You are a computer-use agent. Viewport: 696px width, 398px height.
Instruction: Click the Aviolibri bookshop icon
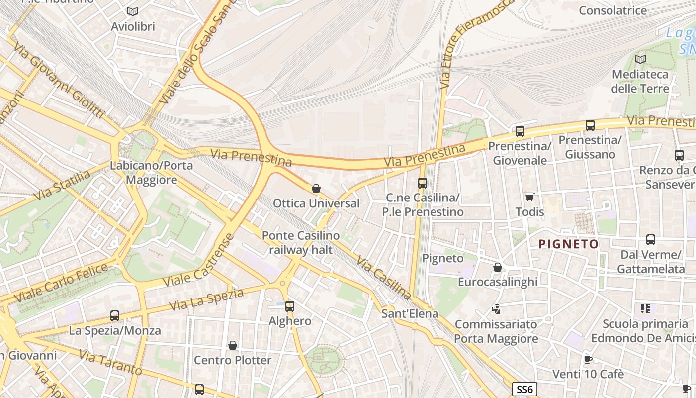click(x=132, y=11)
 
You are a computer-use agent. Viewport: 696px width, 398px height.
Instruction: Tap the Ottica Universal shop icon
click(x=316, y=189)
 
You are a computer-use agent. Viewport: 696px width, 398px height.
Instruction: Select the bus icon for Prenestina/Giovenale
click(x=520, y=131)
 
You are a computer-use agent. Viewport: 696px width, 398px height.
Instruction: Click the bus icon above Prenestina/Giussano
click(x=590, y=125)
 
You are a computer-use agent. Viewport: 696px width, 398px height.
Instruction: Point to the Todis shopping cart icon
click(x=529, y=197)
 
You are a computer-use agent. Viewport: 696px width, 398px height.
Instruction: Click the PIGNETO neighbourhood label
click(x=568, y=244)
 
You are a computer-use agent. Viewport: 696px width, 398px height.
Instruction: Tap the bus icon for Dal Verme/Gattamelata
click(x=650, y=240)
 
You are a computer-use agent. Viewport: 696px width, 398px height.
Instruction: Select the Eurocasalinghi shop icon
click(x=497, y=268)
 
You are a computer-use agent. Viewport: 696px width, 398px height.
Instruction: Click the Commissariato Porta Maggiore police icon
click(x=496, y=309)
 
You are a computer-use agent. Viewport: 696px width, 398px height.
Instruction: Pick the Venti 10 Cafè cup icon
click(x=588, y=359)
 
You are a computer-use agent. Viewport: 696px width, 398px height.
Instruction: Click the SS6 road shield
click(x=524, y=389)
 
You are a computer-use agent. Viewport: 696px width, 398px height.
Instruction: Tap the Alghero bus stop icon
click(x=289, y=306)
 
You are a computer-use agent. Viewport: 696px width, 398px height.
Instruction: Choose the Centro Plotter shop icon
click(x=232, y=345)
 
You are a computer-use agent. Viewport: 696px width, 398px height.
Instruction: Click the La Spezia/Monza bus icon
click(x=114, y=316)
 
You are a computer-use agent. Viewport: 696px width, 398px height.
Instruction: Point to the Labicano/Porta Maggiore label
click(x=152, y=172)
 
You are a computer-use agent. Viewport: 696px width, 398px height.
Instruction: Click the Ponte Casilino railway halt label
click(x=301, y=242)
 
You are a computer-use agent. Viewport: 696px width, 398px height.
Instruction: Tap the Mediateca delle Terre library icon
click(x=640, y=59)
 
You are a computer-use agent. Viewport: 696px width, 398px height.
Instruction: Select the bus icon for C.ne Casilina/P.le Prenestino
click(x=422, y=183)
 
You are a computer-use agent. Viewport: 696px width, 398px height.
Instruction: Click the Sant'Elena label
click(x=410, y=313)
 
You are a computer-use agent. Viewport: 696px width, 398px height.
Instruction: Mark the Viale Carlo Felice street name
click(x=61, y=283)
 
